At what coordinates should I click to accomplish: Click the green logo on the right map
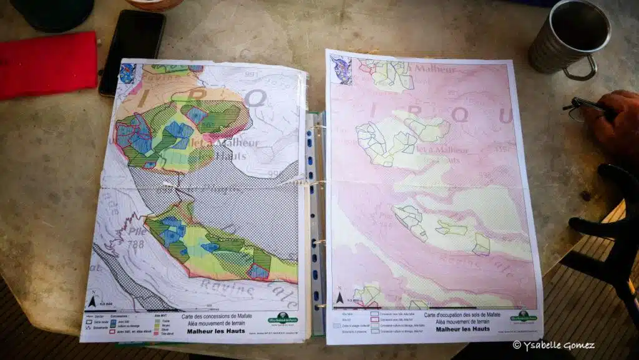(x=523, y=315)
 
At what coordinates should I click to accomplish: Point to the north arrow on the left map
(x=92, y=303)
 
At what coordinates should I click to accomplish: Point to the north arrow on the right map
(x=339, y=298)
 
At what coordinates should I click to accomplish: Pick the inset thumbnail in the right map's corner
(x=341, y=69)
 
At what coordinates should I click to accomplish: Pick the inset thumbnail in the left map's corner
(x=127, y=73)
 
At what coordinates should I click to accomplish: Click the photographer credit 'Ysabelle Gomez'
(x=554, y=345)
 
